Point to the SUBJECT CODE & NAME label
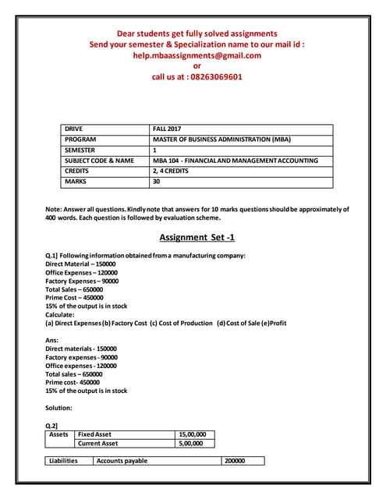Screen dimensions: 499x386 (x=99, y=161)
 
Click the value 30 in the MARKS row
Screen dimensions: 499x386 (x=157, y=182)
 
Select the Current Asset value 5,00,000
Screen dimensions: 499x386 (x=191, y=444)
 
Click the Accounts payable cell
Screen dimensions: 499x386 (x=122, y=461)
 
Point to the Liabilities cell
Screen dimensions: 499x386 (x=63, y=461)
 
